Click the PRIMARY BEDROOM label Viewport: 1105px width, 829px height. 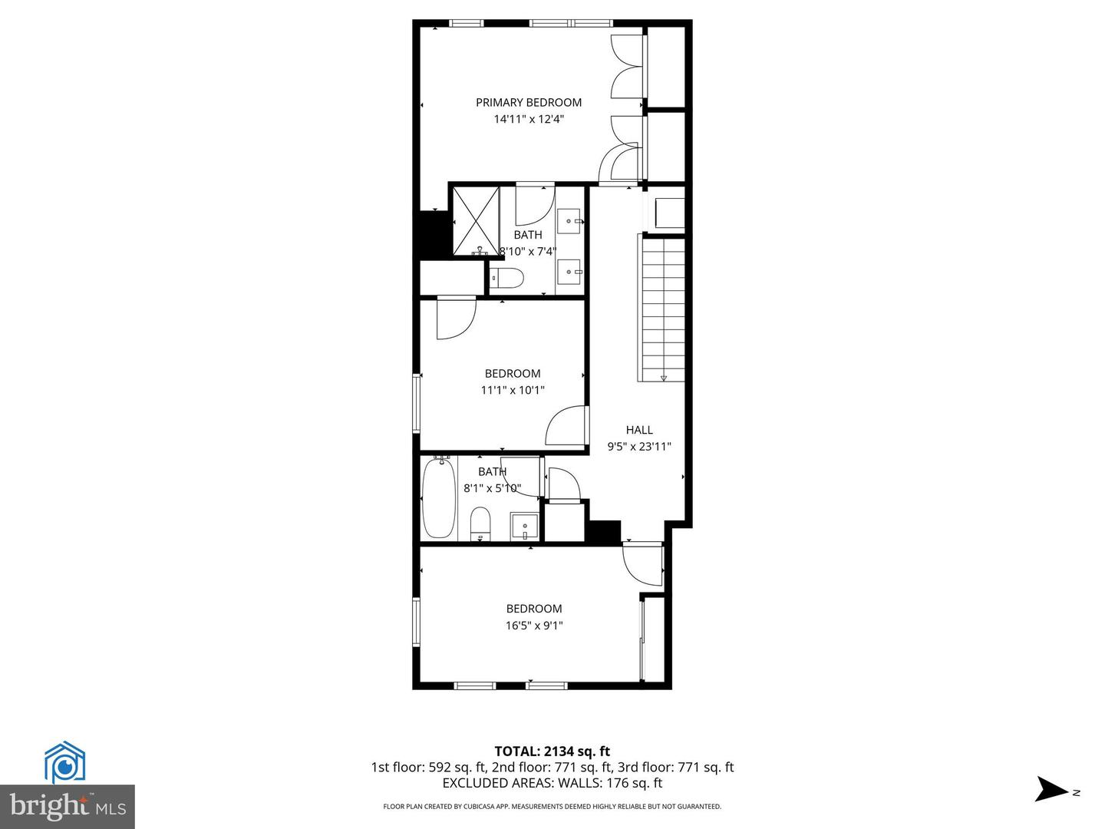pyautogui.click(x=529, y=102)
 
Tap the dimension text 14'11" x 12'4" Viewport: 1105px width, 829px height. pyautogui.click(x=529, y=119)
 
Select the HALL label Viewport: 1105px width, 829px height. pyautogui.click(x=639, y=430)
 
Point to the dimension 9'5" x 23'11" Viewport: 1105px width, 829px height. pyautogui.click(x=639, y=446)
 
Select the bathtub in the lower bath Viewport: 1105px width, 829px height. pyautogui.click(x=439, y=497)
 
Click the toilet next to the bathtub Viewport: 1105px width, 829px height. pyautogui.click(x=480, y=523)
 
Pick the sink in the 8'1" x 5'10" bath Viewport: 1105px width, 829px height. pyautogui.click(x=525, y=527)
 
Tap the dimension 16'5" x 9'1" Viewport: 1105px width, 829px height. pyautogui.click(x=534, y=625)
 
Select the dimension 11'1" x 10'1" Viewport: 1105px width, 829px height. pyautogui.click(x=513, y=390)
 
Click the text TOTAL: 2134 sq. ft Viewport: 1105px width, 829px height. pyautogui.click(x=552, y=751)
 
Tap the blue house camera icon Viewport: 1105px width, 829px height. pyautogui.click(x=64, y=762)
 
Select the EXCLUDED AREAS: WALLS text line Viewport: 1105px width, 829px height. pyautogui.click(x=552, y=783)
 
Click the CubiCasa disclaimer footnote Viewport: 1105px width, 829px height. pyautogui.click(x=552, y=806)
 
